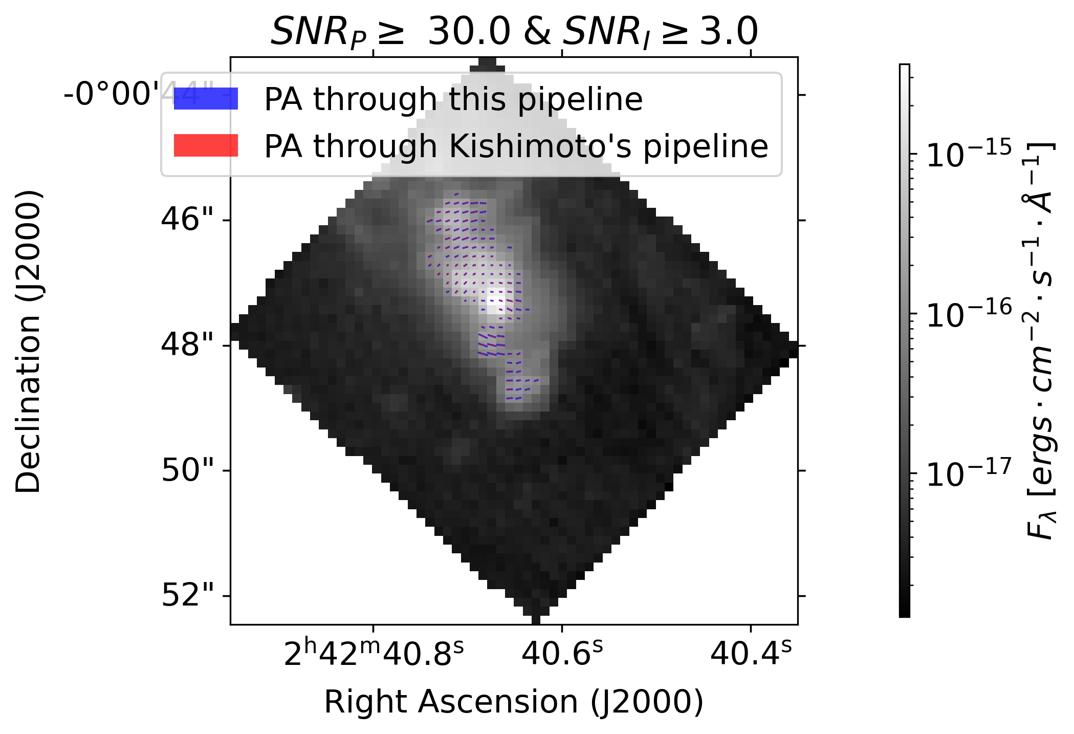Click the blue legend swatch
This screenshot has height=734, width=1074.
pos(206,99)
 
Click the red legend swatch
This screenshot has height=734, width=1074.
pos(206,145)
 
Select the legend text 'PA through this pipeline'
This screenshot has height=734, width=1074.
pos(453,99)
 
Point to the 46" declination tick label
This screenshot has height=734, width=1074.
pos(187,220)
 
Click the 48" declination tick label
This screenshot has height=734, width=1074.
pos(187,346)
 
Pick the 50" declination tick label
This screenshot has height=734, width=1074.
pos(187,470)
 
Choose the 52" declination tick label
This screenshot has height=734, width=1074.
pos(187,596)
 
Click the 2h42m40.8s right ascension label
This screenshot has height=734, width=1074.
pos(374,654)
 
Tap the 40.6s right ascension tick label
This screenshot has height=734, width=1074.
pos(562,654)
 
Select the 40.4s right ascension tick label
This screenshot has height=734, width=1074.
pos(751,654)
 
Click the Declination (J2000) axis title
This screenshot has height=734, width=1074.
pos(28,341)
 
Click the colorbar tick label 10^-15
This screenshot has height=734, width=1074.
pos(969,154)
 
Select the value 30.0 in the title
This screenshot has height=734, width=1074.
pos(469,32)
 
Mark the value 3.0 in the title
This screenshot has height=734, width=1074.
pos(729,32)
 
